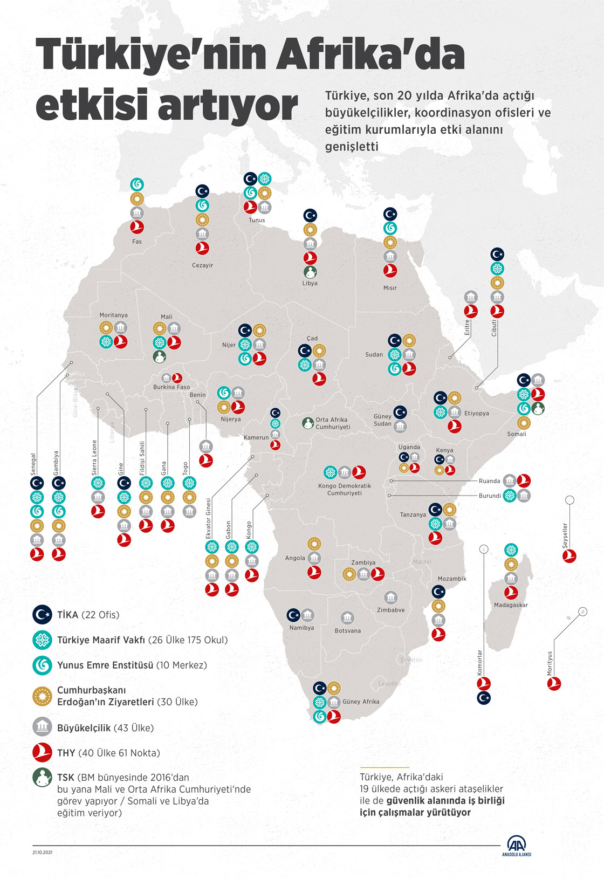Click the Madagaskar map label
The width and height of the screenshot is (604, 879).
(x=511, y=605)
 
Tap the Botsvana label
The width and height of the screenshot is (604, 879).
(x=348, y=630)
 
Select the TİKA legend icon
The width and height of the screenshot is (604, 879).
(x=42, y=614)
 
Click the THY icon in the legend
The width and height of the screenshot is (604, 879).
(x=42, y=752)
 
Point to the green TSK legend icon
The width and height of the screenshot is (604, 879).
(x=42, y=778)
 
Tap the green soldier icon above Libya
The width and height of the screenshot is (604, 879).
(x=310, y=272)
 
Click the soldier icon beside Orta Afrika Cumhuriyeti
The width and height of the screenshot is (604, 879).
(x=307, y=423)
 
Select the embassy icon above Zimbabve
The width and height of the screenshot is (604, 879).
(x=390, y=598)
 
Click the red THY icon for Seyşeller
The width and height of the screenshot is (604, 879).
(x=569, y=556)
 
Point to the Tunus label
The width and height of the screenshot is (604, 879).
(x=257, y=220)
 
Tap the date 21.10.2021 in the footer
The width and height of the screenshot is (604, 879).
(x=42, y=853)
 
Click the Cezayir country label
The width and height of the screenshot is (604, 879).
(x=202, y=265)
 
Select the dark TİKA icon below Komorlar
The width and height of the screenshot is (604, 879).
(x=484, y=698)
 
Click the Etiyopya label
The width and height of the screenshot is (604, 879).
(x=477, y=414)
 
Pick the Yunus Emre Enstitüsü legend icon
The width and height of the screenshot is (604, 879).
(x=42, y=665)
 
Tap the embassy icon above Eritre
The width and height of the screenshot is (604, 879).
(x=471, y=297)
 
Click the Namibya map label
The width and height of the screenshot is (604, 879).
(x=301, y=628)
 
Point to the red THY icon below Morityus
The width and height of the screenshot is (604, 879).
(x=554, y=683)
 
